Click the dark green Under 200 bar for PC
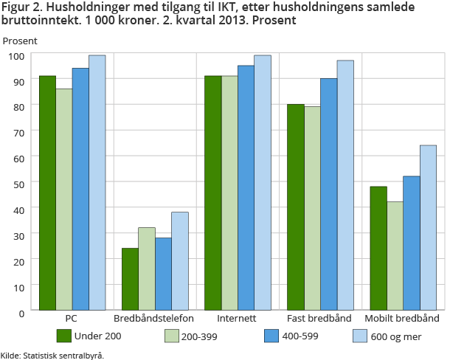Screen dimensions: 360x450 point(47,193)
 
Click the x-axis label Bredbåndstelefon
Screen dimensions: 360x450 point(153,319)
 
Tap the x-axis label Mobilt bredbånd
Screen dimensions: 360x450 point(402,319)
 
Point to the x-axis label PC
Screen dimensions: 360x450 point(72,319)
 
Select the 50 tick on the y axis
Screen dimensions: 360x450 point(19,184)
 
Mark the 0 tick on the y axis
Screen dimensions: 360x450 point(22,312)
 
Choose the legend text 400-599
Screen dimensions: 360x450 point(300,336)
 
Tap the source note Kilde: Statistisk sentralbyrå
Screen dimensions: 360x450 point(52,354)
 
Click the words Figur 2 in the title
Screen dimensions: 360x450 point(21,7)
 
